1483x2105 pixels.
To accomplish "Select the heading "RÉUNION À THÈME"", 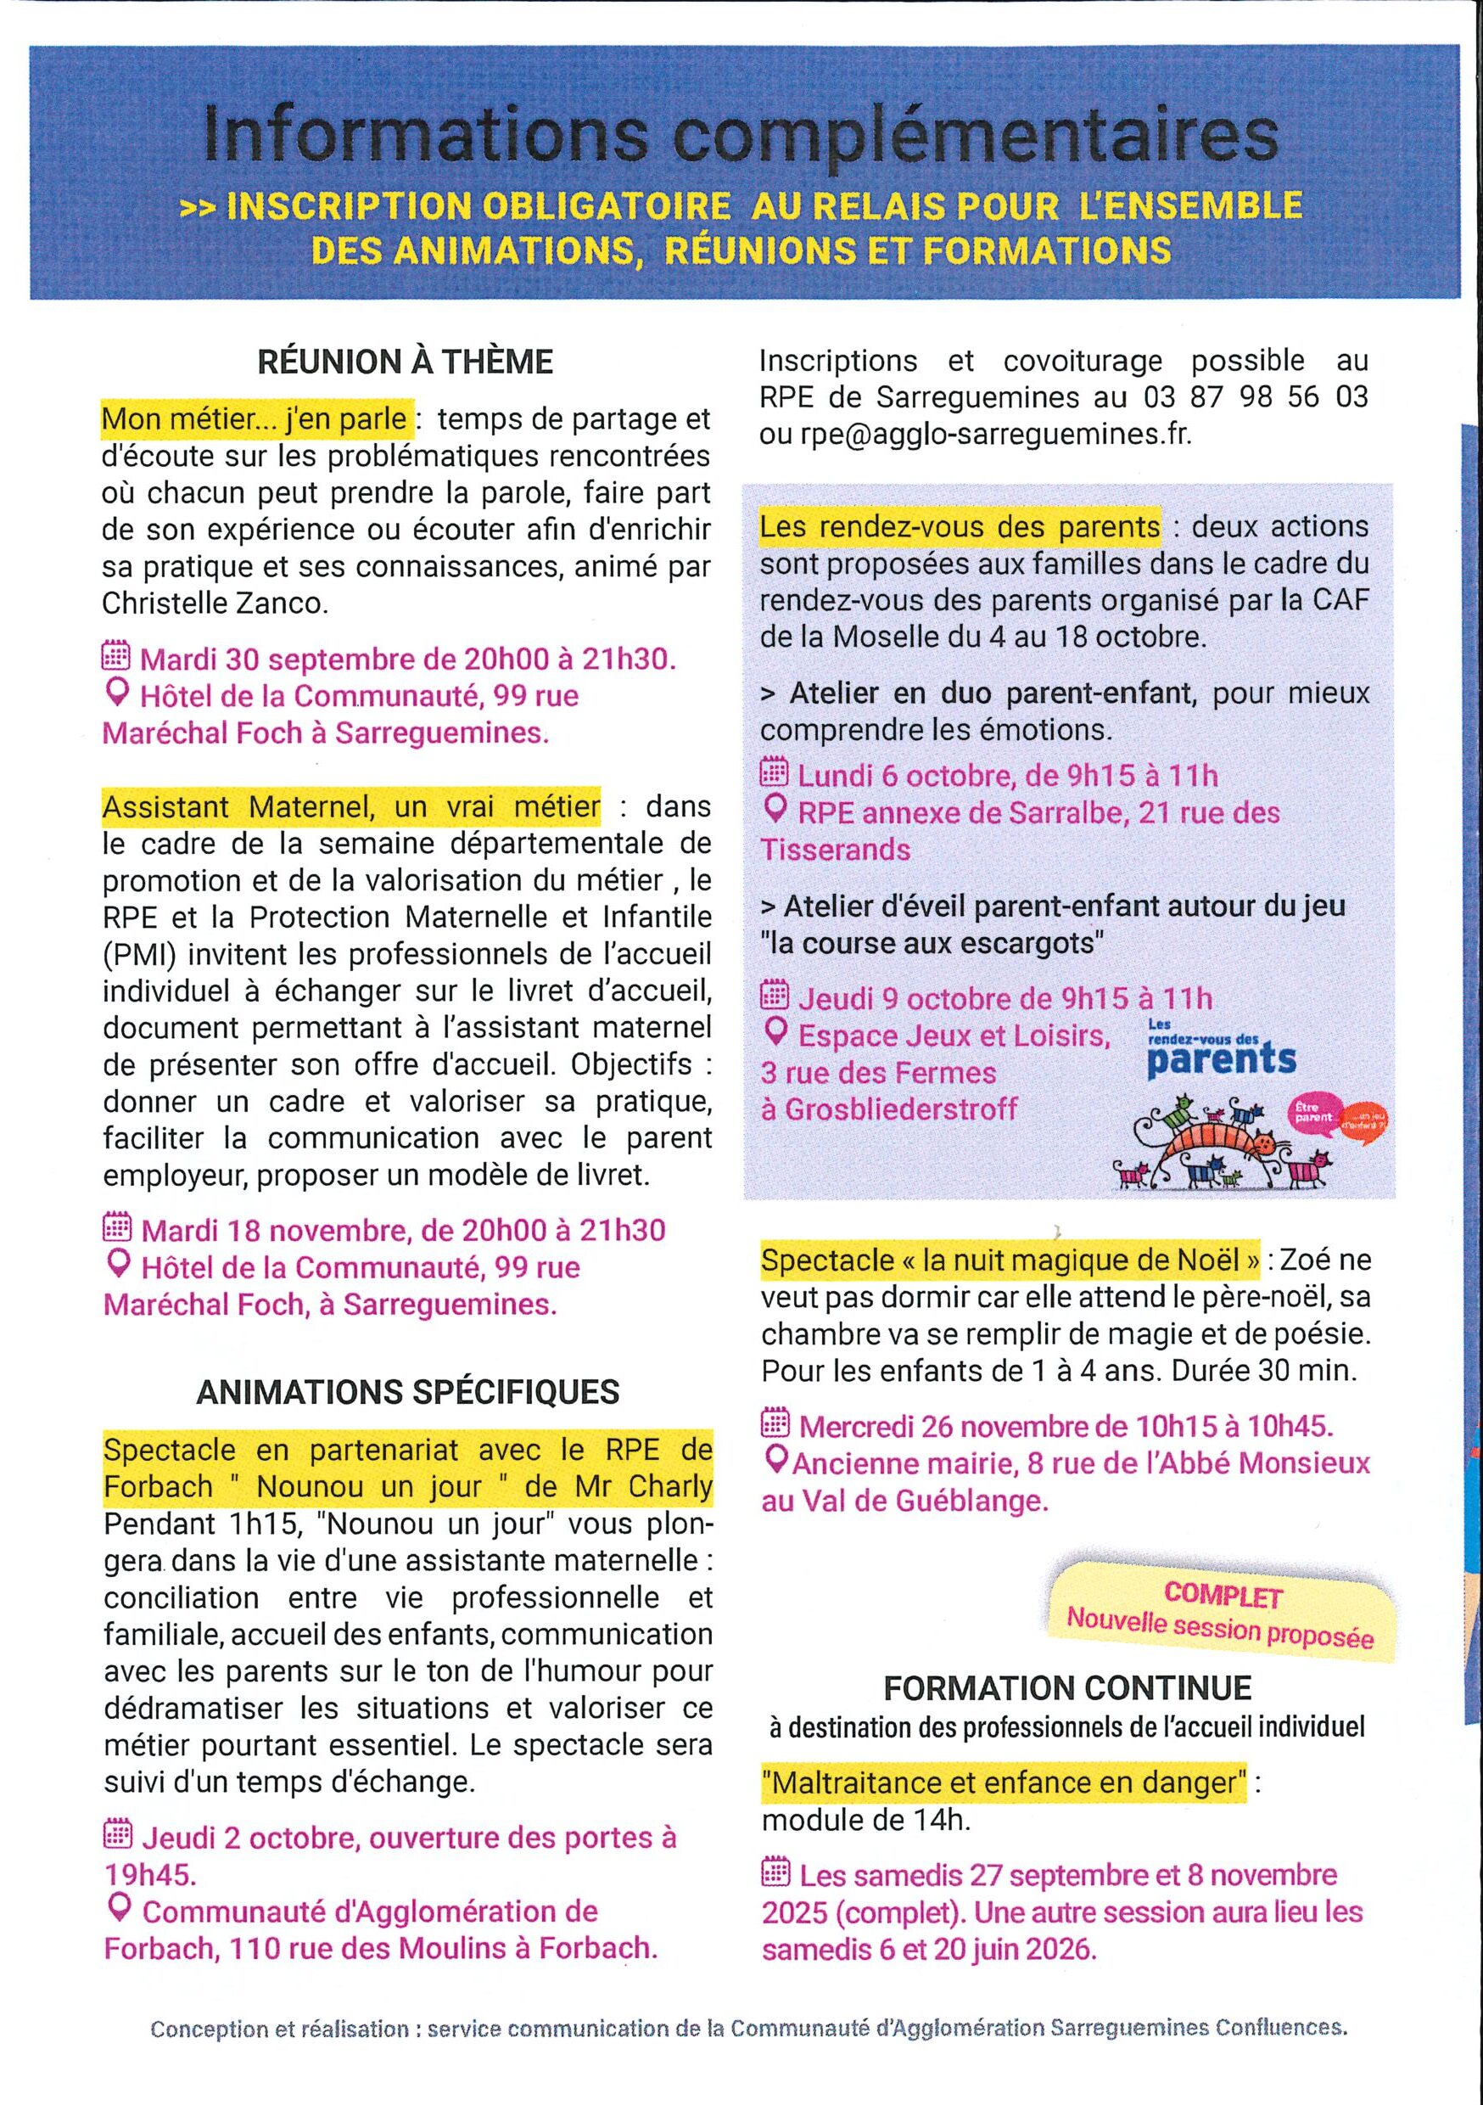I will pyautogui.click(x=406, y=362).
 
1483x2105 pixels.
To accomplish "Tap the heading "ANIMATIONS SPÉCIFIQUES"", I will pyautogui.click(x=407, y=1392).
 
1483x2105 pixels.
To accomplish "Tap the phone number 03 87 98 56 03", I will pyautogui.click(x=1255, y=397).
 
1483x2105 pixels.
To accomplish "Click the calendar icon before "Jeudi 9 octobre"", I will pyautogui.click(x=775, y=996).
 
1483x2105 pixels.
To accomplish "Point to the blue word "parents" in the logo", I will pyautogui.click(x=1221, y=1061).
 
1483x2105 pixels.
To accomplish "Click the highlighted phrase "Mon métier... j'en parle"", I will pyautogui.click(x=255, y=419).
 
